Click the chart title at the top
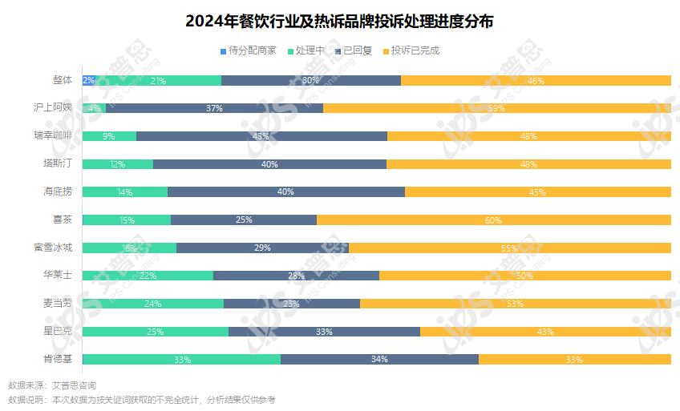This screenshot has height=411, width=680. click(x=339, y=21)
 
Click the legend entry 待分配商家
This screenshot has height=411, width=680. click(x=249, y=50)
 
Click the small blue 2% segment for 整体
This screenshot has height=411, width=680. click(x=88, y=80)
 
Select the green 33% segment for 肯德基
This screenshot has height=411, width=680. click(x=182, y=360)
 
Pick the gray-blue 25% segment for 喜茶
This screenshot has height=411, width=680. click(x=244, y=220)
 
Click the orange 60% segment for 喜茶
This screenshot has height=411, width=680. click(x=493, y=220)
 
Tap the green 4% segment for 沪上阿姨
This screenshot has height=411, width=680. click(x=95, y=108)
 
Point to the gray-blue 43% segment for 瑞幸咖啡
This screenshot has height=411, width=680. click(x=261, y=136)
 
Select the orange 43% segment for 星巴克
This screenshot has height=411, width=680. click(x=545, y=332)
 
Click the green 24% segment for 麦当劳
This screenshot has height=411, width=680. click(x=153, y=304)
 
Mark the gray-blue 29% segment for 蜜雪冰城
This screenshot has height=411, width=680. click(x=262, y=248)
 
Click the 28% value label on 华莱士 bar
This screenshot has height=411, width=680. click(x=297, y=276)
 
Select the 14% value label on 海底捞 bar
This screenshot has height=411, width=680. click(x=125, y=192)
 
